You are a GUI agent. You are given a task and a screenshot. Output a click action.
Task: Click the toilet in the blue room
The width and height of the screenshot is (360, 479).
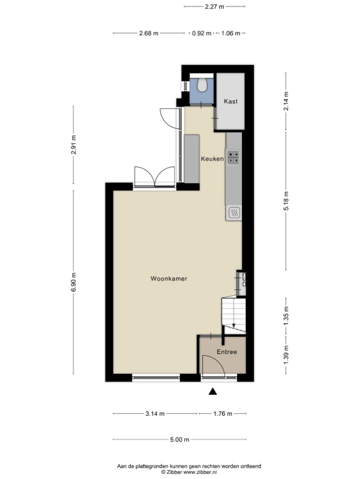pyautogui.click(x=202, y=85)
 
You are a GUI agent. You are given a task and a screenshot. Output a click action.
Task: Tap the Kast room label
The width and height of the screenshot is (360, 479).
pyautogui.click(x=230, y=101)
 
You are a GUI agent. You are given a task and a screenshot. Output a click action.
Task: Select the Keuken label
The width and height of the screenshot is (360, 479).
pyautogui.click(x=212, y=159)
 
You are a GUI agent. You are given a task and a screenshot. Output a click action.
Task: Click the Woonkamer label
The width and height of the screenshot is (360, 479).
pyautogui.click(x=169, y=279)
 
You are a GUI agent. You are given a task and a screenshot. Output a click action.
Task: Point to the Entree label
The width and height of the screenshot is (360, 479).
pyautogui.click(x=227, y=352)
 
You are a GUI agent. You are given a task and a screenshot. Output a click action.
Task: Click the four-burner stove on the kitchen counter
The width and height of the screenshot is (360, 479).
pyautogui.click(x=234, y=158)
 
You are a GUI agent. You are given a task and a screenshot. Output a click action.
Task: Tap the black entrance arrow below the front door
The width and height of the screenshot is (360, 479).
pyautogui.click(x=213, y=392)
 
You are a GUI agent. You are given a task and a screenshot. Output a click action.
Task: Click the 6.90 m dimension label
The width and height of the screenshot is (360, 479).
pyautogui.click(x=73, y=282)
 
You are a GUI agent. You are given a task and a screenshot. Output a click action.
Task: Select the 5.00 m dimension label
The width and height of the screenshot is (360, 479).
pyautogui.click(x=180, y=439)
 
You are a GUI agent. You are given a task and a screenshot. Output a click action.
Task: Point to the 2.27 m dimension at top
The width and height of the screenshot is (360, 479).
pyautogui.click(x=214, y=6)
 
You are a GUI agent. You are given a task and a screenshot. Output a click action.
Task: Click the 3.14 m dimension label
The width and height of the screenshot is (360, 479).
pyautogui.click(x=154, y=414)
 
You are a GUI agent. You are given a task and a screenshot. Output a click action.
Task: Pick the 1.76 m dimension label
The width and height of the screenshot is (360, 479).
pyautogui.click(x=223, y=414)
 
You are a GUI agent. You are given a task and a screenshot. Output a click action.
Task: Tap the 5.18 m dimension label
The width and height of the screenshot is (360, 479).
pyautogui.click(x=286, y=201)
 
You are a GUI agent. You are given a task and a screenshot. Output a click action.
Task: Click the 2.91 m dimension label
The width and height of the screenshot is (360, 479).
pyautogui.click(x=73, y=145)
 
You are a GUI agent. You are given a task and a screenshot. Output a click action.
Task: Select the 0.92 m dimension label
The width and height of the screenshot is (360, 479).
pyautogui.click(x=202, y=33)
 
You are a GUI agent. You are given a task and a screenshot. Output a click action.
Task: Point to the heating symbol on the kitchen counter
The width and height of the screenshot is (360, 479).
pyautogui.click(x=234, y=212)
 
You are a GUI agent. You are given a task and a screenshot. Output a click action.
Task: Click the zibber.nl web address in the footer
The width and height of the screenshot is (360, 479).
pyautogui.click(x=200, y=472)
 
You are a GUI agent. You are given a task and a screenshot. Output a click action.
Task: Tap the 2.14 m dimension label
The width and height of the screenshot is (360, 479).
pyautogui.click(x=286, y=101)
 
